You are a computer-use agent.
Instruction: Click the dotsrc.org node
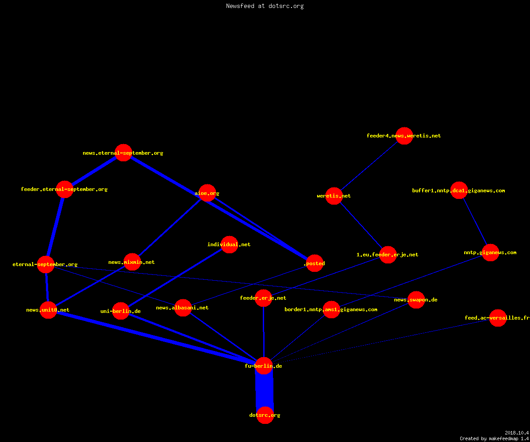pos(265,415)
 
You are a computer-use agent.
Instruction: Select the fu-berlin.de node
pos(264,366)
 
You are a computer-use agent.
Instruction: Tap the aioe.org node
pos(207,193)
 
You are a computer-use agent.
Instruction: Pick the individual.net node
pos(229,244)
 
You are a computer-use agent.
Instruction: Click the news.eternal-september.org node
pos(123,152)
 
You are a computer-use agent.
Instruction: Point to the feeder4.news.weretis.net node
pos(404,136)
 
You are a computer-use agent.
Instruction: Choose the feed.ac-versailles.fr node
pos(498,318)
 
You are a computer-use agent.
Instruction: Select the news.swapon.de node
pos(416,300)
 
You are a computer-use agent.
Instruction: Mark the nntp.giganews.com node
pos(490,252)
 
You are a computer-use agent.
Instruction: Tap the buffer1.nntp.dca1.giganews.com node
pos(459,190)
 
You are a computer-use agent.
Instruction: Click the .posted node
pos(314,263)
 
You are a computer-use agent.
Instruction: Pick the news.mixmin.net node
pos(132,262)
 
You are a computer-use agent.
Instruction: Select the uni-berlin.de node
pos(121,311)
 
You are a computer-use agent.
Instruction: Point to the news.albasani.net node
pos(183,308)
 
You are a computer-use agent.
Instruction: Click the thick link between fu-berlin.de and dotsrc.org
pos(265,390)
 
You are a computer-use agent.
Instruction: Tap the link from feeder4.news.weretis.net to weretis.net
pos(369,166)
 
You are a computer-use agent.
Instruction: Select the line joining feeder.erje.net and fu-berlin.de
pos(264,332)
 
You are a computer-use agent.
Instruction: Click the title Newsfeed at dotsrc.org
pos(265,6)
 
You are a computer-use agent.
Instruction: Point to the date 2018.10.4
pos(517,433)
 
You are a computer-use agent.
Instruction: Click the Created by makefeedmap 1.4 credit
pos(494,438)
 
